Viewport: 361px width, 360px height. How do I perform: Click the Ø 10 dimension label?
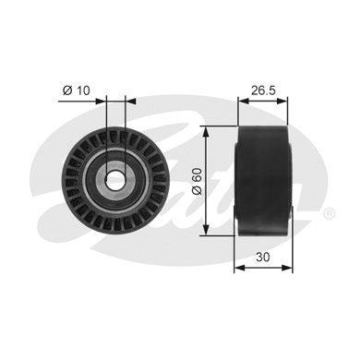tap(76, 90)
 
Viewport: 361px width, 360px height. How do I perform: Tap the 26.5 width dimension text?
tap(263, 90)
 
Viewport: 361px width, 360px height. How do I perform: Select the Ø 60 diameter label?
tap(196, 181)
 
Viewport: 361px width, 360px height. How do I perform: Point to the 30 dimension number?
tap(262, 257)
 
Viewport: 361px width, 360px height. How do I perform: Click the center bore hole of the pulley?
tap(115, 179)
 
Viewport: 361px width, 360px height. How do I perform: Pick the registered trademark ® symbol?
tap(329, 213)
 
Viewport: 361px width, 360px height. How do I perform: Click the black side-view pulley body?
tap(263, 181)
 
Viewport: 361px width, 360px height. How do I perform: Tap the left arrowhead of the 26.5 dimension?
tap(244, 101)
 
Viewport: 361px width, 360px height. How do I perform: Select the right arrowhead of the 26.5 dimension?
tap(283, 101)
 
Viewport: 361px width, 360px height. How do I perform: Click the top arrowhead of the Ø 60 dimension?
tap(206, 131)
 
